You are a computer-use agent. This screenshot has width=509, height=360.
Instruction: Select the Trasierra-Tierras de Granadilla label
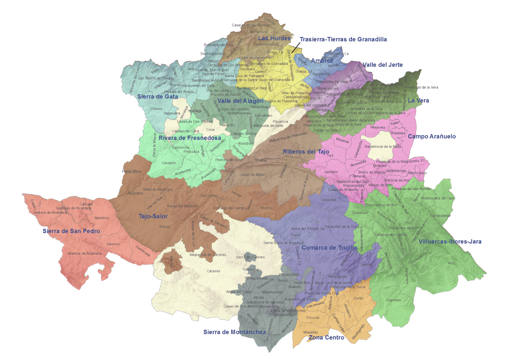coord(343,39)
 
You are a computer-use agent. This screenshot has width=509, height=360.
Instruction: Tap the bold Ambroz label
coord(322,61)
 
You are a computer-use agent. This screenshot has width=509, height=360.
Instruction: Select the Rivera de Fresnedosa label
coord(189,138)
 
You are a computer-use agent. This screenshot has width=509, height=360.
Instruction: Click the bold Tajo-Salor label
coord(154,216)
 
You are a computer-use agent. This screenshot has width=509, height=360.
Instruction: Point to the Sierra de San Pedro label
coord(71,231)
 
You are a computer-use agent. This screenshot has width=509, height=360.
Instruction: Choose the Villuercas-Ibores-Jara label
coord(450,242)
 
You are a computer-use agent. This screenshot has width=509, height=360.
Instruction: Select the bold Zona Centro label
coord(326,338)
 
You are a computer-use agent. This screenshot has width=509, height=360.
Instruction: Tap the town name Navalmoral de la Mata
coord(383,147)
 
